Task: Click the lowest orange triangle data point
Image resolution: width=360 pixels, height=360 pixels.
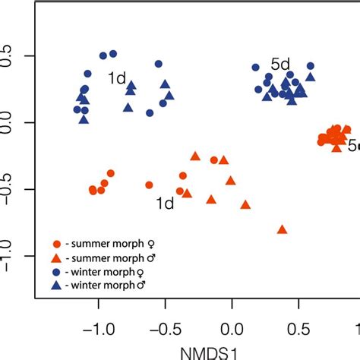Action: coord(283,229)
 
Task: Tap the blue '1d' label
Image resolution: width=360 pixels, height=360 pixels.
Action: coord(115,78)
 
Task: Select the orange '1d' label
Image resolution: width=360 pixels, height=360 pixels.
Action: coord(163,203)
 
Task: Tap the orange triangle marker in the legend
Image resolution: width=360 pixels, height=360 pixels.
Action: coord(57,258)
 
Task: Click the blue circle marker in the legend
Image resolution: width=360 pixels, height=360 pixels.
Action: coord(57,272)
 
